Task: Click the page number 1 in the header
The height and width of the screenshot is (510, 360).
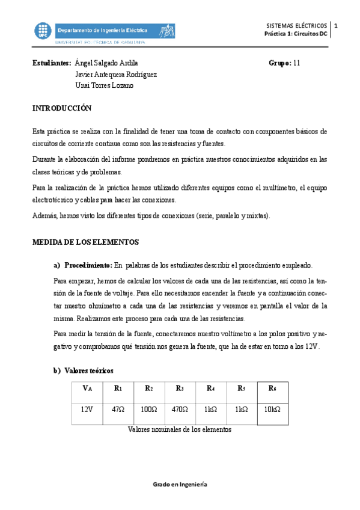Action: (x=336, y=26)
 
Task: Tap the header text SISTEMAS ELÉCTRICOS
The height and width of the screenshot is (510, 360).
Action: (x=297, y=26)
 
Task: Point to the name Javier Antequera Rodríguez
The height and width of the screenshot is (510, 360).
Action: (x=116, y=74)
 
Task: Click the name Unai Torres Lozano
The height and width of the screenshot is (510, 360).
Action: (x=104, y=85)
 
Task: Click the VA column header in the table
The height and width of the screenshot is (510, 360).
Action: (x=87, y=389)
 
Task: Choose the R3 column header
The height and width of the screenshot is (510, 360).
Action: (x=180, y=389)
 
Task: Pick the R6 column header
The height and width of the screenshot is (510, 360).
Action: (x=272, y=389)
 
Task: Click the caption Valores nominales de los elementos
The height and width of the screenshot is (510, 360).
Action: (x=180, y=429)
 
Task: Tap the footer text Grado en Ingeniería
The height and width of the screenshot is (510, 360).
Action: (x=180, y=484)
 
